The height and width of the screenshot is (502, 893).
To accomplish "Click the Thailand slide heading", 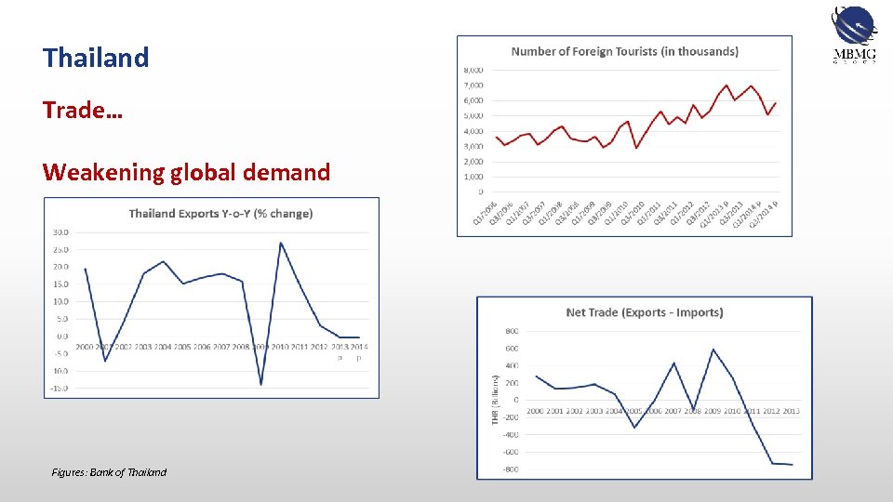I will point(96,58).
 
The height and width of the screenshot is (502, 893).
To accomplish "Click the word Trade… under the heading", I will point(82,110).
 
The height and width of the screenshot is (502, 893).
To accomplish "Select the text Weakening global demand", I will point(186,172).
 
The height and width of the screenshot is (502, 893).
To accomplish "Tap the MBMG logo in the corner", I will point(854,36).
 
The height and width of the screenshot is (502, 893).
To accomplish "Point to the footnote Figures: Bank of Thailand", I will point(109,472).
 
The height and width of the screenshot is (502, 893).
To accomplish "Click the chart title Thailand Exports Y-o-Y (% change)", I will point(220,214).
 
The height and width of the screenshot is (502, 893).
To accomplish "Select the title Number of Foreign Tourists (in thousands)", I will point(624,52).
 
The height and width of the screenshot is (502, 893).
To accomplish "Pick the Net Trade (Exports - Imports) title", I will point(644,312).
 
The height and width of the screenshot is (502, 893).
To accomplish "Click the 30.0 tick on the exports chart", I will point(60,232).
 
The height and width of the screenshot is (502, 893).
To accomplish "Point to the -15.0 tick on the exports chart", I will point(60,388).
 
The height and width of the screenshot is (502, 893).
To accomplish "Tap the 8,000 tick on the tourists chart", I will point(473,70).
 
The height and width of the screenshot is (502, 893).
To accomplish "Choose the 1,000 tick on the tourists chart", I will point(473,177).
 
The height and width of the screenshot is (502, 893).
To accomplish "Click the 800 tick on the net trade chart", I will point(512,331).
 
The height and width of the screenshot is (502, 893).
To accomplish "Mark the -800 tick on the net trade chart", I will point(511,469).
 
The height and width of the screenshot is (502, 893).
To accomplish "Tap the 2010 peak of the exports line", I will point(281,243).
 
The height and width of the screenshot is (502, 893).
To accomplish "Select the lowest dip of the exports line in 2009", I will point(261,384).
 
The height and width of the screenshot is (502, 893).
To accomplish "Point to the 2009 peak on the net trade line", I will point(713,350).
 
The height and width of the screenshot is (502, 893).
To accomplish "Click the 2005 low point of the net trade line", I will point(634,427).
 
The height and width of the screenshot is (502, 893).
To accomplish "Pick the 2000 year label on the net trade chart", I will point(536,411).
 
